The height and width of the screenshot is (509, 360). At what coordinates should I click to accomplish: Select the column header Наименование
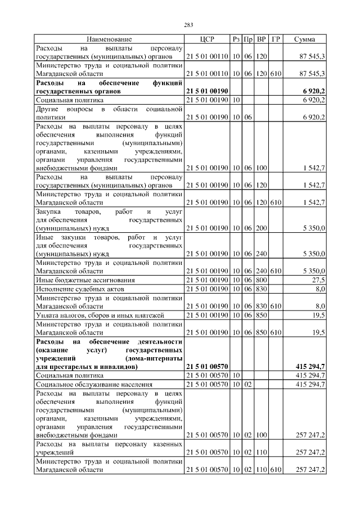pos(109,39)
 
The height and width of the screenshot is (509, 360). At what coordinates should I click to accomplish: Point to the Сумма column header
pos(304,39)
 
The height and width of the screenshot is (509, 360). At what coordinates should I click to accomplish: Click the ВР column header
pos(262,39)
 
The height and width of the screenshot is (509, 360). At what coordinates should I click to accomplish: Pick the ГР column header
pos(276,39)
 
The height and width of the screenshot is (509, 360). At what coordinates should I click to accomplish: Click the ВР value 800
pos(262,280)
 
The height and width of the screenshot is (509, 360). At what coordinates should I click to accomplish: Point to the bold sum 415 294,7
pos(310,367)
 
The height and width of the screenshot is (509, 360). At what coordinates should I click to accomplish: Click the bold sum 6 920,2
pos(313,91)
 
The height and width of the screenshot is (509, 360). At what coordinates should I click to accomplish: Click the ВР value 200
pos(262,229)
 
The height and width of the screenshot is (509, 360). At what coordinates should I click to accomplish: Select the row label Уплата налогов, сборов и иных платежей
pos(100,315)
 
